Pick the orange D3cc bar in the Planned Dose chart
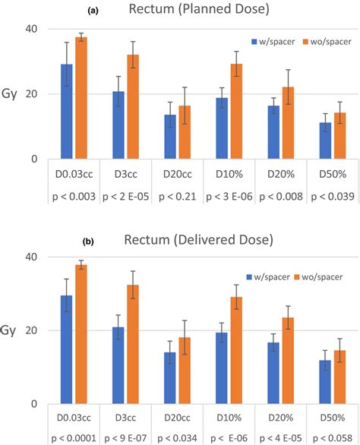(133, 107)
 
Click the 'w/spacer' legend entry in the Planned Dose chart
(274, 41)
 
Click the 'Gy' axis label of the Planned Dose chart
(9, 99)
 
